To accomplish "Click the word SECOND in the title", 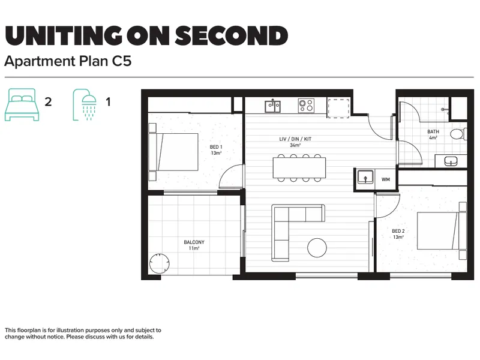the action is point(232,35).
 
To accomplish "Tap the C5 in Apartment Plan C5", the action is point(122,61).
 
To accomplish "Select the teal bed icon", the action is point(22,104).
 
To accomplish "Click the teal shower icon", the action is point(85,104).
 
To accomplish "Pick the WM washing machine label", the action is point(386,179).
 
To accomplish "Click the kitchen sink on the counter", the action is point(272,106).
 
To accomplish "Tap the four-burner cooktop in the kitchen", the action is point(306,106).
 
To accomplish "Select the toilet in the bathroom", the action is point(458,134).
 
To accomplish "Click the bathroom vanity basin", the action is point(451,161).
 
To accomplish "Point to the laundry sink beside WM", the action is point(365,177).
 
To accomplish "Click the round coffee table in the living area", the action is point(317,248).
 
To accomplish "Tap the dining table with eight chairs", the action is point(299,168).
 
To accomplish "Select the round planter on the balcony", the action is point(159,263).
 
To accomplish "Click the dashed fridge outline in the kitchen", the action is point(339,108).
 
